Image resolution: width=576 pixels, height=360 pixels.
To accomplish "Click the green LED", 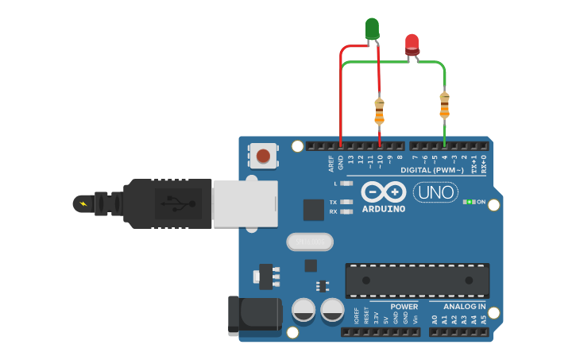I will pyautogui.click(x=372, y=29).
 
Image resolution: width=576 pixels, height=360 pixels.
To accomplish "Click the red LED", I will pyautogui.click(x=412, y=43).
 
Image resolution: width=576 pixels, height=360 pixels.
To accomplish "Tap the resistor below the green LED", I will pyautogui.click(x=379, y=110).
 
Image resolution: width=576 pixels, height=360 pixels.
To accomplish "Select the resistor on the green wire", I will pyautogui.click(x=444, y=104).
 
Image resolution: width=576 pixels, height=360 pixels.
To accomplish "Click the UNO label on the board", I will pyautogui.click(x=435, y=192).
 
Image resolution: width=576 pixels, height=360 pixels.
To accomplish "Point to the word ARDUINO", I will pyautogui.click(x=384, y=209).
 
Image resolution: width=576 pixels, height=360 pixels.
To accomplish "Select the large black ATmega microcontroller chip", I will pyautogui.click(x=417, y=281).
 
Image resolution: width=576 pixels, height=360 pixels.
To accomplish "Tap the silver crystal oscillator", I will pyautogui.click(x=307, y=241).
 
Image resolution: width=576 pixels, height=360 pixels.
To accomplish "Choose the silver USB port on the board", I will pyautogui.click(x=245, y=203).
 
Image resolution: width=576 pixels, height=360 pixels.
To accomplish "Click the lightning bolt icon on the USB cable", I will pyautogui.click(x=83, y=203).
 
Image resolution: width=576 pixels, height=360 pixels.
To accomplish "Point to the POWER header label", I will pyautogui.click(x=404, y=307).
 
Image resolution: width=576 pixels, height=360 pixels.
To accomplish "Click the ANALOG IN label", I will pyautogui.click(x=465, y=307).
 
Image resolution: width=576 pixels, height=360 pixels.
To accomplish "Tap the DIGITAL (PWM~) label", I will pyautogui.click(x=433, y=170).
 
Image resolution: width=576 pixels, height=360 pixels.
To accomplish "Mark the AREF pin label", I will pyautogui.click(x=331, y=163).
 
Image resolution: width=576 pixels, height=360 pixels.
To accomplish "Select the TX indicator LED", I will pyautogui.click(x=346, y=202).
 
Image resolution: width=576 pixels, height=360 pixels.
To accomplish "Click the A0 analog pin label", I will pyautogui.click(x=435, y=319).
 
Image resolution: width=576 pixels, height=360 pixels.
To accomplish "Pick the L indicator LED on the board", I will pyautogui.click(x=346, y=184).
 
